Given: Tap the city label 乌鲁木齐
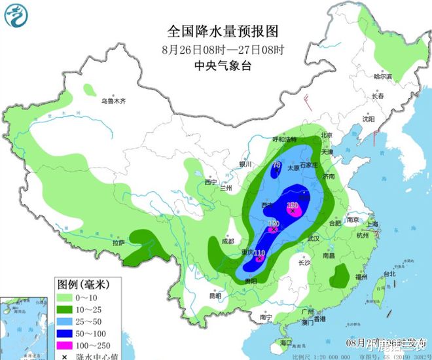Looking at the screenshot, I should [113, 101].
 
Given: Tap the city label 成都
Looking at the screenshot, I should [227, 241].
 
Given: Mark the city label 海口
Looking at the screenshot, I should [285, 342].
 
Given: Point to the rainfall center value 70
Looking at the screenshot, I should [277, 164].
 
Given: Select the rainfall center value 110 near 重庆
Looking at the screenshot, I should [259, 253].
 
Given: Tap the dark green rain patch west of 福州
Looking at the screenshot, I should [339, 276].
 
